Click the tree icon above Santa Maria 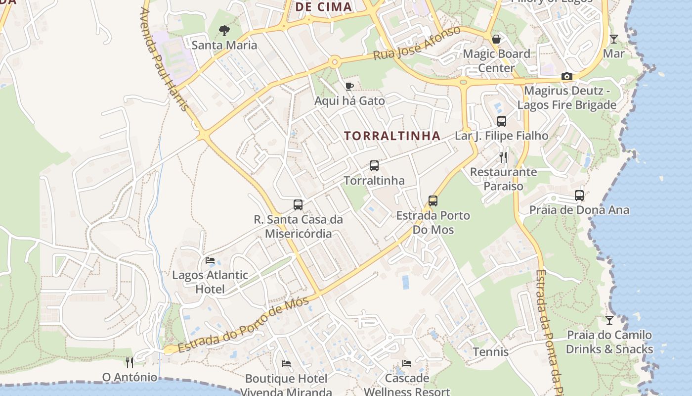click(x=224, y=31)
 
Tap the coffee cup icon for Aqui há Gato click(x=349, y=87)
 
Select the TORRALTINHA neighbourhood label click(x=392, y=136)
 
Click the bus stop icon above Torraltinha click(x=374, y=166)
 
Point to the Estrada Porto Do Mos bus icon click(x=433, y=200)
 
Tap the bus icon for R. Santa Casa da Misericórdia click(x=298, y=204)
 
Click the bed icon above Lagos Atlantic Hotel click(x=210, y=260)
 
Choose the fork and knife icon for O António click(x=130, y=363)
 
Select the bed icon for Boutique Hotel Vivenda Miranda click(x=286, y=364)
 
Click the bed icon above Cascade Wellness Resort click(x=407, y=364)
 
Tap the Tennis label click(x=490, y=352)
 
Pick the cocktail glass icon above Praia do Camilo click(x=609, y=320)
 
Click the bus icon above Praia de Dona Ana click(x=579, y=196)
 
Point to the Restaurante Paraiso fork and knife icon click(x=503, y=157)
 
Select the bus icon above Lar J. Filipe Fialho click(x=502, y=121)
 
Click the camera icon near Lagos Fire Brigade click(x=567, y=76)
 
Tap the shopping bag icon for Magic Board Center click(x=496, y=39)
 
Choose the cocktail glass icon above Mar click(x=614, y=39)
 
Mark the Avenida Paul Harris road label click(x=165, y=59)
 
